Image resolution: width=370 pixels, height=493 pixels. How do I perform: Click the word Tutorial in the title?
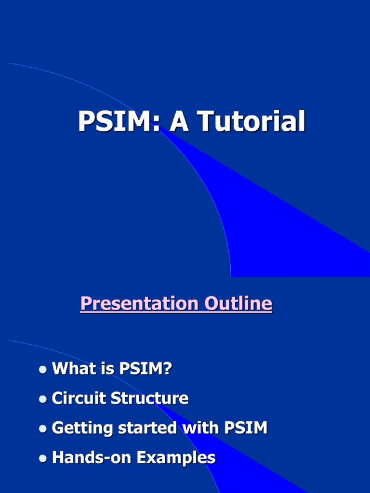coord(252,121)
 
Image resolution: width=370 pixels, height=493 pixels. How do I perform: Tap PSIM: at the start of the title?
coord(119,121)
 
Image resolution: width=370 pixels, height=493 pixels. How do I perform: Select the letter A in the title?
coord(179,121)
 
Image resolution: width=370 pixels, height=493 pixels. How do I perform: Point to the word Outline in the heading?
coord(238,304)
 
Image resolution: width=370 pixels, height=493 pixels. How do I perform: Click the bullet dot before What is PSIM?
coord(43,370)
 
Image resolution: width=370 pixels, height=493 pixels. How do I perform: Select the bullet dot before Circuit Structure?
coord(43,399)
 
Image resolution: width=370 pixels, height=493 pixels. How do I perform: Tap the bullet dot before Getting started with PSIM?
coord(43,428)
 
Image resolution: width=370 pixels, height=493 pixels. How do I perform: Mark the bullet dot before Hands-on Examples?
coord(43,458)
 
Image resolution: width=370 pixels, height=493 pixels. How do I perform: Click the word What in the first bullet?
coord(72,369)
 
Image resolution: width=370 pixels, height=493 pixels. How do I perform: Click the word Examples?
coord(176,458)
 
